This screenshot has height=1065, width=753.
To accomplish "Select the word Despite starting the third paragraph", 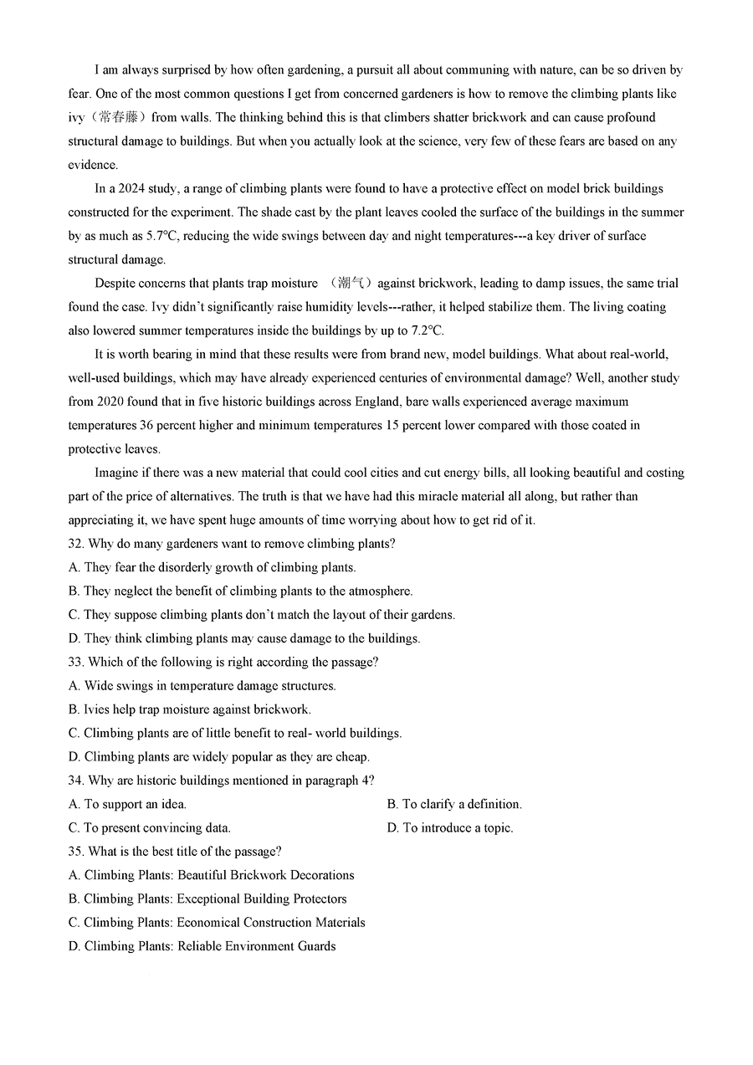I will coord(117,284).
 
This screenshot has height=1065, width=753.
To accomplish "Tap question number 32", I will coord(76,544).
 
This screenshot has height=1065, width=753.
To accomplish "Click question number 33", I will coord(76,662).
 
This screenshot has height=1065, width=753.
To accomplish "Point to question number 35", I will coord(76,852).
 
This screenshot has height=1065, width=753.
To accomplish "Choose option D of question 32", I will coord(243,638).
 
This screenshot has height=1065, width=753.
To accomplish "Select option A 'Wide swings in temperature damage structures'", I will coord(202,686).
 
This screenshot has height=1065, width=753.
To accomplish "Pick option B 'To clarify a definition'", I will coord(453,804).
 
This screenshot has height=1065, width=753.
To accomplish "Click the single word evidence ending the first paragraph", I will coord(93,165).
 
